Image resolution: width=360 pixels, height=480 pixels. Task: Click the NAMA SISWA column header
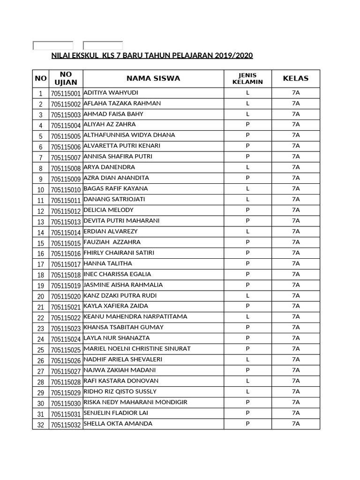click(153, 78)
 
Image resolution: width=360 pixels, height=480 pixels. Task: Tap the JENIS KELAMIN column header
click(247, 78)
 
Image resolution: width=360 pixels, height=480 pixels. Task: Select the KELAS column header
click(295, 78)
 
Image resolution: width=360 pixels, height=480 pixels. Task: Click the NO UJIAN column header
click(66, 78)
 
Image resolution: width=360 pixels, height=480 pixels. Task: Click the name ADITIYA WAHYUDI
click(111, 92)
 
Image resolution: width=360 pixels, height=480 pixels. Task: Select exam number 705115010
click(66, 189)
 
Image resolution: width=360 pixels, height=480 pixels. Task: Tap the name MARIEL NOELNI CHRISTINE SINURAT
click(137, 349)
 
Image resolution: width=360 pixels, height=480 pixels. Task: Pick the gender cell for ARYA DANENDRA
click(247, 167)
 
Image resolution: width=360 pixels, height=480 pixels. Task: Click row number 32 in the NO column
click(40, 425)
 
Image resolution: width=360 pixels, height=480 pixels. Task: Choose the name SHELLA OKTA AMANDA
click(118, 424)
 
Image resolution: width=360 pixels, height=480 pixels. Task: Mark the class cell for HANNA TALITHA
click(295, 264)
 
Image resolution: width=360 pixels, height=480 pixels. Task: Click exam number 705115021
click(66, 307)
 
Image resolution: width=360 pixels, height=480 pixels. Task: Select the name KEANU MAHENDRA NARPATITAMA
click(135, 317)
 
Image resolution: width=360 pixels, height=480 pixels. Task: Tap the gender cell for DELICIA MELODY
click(247, 210)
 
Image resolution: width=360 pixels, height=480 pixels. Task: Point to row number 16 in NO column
click(40, 254)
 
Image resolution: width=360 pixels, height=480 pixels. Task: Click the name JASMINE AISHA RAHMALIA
click(123, 285)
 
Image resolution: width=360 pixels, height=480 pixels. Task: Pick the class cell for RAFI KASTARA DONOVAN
click(295, 381)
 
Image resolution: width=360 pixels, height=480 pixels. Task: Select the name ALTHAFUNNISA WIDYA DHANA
click(129, 135)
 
